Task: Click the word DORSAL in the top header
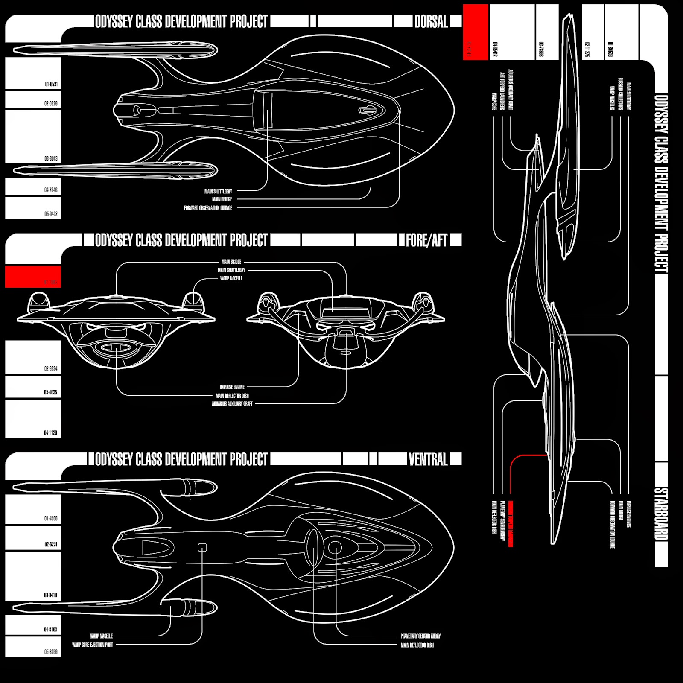click(x=431, y=21)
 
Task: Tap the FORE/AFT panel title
click(x=426, y=240)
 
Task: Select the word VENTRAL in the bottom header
click(x=428, y=459)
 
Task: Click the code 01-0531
click(x=51, y=84)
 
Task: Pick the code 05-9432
click(x=51, y=214)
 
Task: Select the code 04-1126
click(x=50, y=432)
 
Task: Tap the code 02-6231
click(x=51, y=544)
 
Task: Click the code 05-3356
click(x=51, y=652)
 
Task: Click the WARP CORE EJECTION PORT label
click(x=93, y=645)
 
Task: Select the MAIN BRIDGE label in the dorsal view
click(x=222, y=199)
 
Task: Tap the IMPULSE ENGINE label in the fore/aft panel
click(x=232, y=387)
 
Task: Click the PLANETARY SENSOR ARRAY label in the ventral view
click(x=420, y=636)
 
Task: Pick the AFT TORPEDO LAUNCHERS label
click(x=502, y=90)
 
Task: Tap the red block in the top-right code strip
click(x=476, y=32)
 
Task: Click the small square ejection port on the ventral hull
click(x=202, y=547)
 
